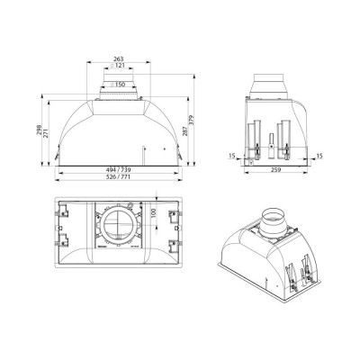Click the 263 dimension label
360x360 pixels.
[x=119, y=59]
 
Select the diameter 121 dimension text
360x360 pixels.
[x=117, y=66]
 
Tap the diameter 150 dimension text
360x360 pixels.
[x=117, y=85]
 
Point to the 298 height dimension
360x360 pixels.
[x=40, y=130]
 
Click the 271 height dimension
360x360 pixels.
[x=46, y=132]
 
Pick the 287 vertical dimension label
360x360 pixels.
[x=185, y=131]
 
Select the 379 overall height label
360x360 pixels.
[x=192, y=120]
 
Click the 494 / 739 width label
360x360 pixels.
[x=119, y=170]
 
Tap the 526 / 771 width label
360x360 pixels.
[x=119, y=176]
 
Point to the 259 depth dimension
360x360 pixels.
[x=275, y=170]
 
